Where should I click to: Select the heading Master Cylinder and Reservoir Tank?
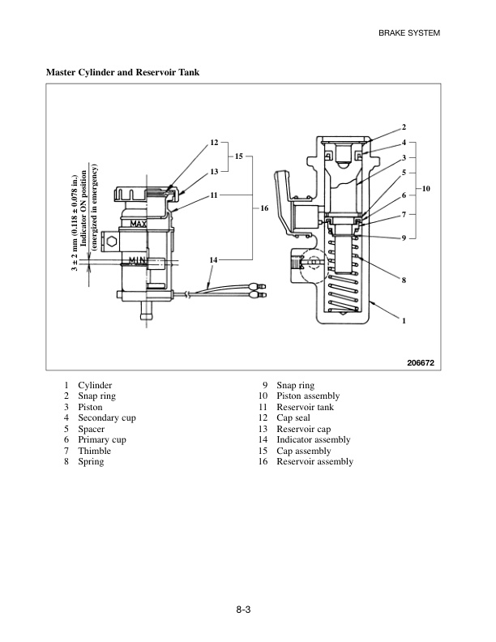[122, 73]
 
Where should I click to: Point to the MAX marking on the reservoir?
[139, 224]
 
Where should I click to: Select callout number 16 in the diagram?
[264, 208]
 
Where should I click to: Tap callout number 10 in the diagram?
[427, 188]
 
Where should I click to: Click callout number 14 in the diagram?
[213, 259]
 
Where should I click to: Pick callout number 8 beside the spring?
[403, 280]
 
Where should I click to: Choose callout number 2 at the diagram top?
[403, 128]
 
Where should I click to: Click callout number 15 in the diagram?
[239, 155]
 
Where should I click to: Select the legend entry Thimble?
[94, 450]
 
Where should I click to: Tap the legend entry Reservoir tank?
[305, 408]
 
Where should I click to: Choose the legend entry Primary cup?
[101, 439]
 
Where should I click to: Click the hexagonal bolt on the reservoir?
[111, 242]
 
